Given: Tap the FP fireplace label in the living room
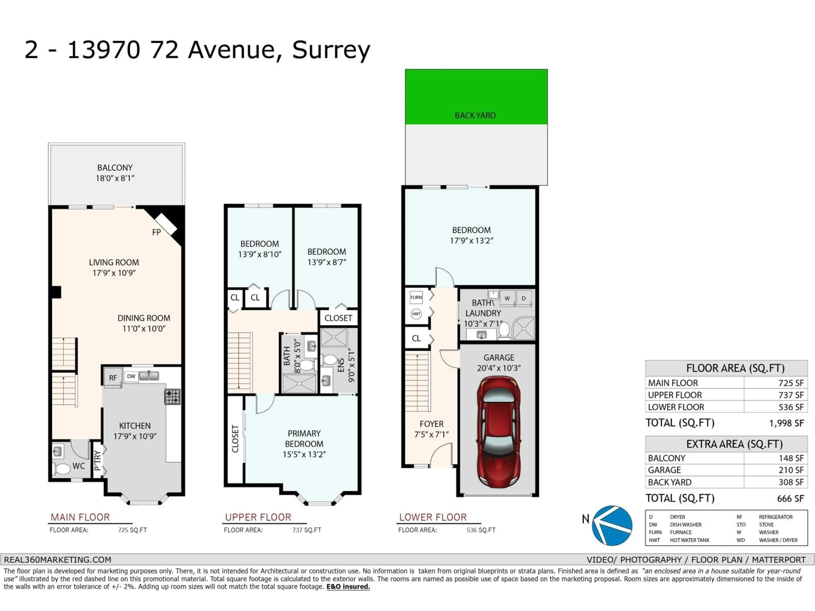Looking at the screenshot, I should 156,232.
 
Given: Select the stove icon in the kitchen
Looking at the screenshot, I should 172,397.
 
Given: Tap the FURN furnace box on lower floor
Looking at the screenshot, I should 416,297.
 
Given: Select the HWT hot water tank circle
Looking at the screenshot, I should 416,314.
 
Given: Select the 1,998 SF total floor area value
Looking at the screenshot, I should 786,423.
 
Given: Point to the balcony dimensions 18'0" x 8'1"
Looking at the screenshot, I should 115,178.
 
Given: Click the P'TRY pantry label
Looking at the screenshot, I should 97,461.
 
